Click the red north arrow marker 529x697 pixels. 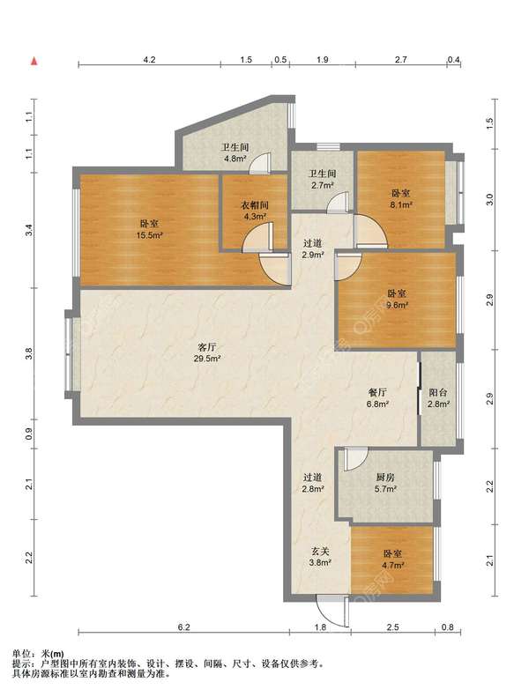(x=34, y=62)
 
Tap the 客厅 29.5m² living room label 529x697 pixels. (x=208, y=352)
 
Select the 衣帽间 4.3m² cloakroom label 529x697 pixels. (x=255, y=211)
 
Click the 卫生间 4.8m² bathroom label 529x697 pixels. (x=235, y=152)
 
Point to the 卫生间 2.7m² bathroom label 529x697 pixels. (x=323, y=179)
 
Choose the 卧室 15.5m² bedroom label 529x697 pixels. (x=149, y=229)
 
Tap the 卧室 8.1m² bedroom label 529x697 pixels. (x=401, y=198)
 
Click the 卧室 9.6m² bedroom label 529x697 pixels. (x=398, y=300)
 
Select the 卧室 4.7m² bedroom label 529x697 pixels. (x=393, y=560)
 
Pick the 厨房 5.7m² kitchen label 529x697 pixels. (x=385, y=483)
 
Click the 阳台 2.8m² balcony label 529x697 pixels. (x=438, y=397)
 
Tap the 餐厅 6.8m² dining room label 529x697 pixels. (x=377, y=397)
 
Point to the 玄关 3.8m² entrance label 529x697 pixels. (x=320, y=557)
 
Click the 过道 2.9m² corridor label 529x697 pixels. (x=312, y=248)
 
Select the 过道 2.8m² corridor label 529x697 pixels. (x=312, y=483)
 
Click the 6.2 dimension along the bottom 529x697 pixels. (x=183, y=627)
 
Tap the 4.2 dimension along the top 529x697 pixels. (x=150, y=60)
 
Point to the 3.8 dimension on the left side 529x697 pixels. (x=29, y=354)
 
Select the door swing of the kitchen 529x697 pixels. (x=356, y=460)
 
